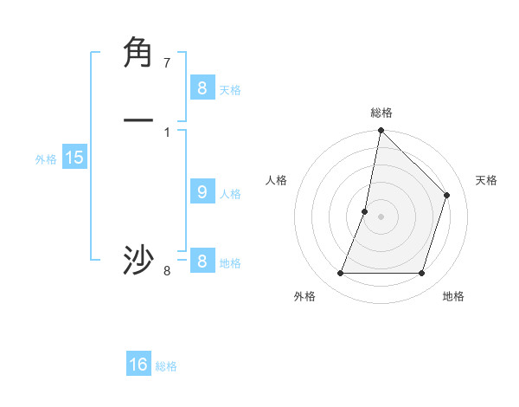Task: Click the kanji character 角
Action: click(x=138, y=53)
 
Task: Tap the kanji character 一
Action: click(x=138, y=120)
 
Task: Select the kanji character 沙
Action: click(x=138, y=260)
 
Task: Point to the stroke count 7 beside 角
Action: click(x=167, y=63)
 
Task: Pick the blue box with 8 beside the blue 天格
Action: click(x=202, y=88)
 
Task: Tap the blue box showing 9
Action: click(x=202, y=192)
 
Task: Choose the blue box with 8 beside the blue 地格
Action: click(x=202, y=262)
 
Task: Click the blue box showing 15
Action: click(x=74, y=158)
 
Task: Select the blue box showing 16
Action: click(x=138, y=365)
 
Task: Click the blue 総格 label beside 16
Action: click(x=166, y=366)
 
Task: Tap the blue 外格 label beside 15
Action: click(x=46, y=159)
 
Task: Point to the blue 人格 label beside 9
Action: click(x=230, y=194)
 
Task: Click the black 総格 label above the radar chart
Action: click(x=381, y=113)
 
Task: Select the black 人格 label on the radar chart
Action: click(x=277, y=180)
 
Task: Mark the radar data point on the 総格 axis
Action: click(x=381, y=132)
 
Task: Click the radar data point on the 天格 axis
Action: click(x=447, y=195)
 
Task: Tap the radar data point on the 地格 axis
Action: click(x=421, y=274)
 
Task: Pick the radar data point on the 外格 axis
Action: click(x=340, y=274)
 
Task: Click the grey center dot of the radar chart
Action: click(x=381, y=216)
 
